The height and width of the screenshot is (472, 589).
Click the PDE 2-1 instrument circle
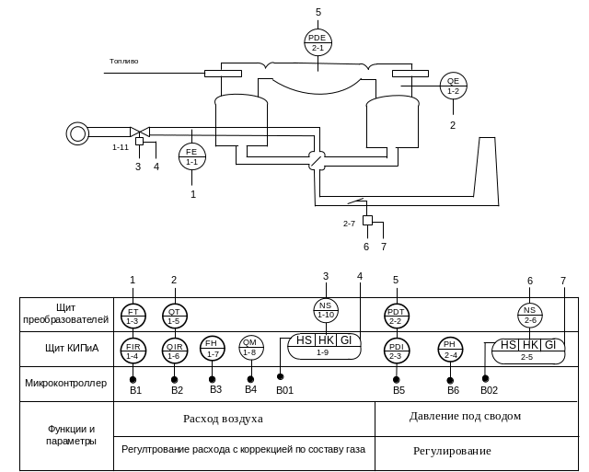coord(318,41)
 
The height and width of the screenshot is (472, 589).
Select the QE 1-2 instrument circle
coord(453,86)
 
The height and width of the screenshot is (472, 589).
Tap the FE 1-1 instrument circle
coord(192,156)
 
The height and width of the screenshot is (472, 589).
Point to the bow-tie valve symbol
coord(138,132)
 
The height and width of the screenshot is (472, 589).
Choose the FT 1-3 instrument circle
coord(133,315)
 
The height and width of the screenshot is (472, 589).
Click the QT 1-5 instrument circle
coord(174,315)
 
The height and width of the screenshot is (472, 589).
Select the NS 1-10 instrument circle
coord(326,310)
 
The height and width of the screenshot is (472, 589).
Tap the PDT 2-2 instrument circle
coord(397,315)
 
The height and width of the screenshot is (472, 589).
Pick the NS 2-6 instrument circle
coord(529,315)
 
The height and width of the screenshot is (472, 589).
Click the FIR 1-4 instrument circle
coord(133,350)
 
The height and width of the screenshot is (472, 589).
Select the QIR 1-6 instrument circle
coord(174,350)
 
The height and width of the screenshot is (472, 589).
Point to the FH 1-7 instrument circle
coord(213,348)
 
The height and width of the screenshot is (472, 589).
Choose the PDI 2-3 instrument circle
coord(397,351)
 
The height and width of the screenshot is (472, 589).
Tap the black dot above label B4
coord(250,378)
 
